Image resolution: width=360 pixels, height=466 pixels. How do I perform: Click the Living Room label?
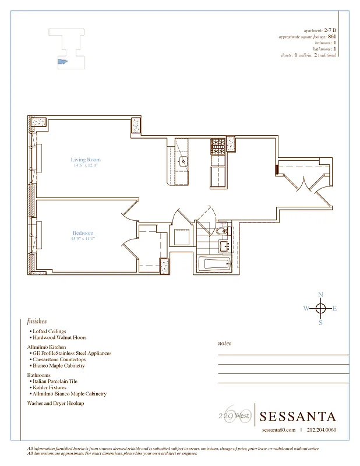pyautogui.click(x=86, y=160)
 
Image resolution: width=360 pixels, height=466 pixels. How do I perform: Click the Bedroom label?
pyautogui.click(x=83, y=233)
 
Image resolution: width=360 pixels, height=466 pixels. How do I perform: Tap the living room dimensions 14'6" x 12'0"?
pyautogui.click(x=86, y=165)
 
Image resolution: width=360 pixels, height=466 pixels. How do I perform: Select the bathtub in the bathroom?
pyautogui.click(x=214, y=264)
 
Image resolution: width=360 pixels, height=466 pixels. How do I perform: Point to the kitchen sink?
pyautogui.click(x=182, y=161)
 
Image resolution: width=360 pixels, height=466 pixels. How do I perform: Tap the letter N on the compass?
pyautogui.click(x=320, y=294)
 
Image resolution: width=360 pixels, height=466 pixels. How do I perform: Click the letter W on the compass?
pyautogui.click(x=305, y=308)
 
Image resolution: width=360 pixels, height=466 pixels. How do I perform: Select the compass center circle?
pyautogui.click(x=320, y=308)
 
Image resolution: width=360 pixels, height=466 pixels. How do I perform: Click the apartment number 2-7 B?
pyautogui.click(x=330, y=30)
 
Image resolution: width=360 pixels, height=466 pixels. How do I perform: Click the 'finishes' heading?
pyautogui.click(x=37, y=321)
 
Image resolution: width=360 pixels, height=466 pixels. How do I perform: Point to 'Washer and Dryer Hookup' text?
pyautogui.click(x=55, y=403)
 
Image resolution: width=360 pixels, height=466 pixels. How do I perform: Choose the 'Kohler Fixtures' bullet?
pyautogui.click(x=52, y=387)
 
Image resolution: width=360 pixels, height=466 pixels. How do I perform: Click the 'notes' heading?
pyautogui.click(x=224, y=343)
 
